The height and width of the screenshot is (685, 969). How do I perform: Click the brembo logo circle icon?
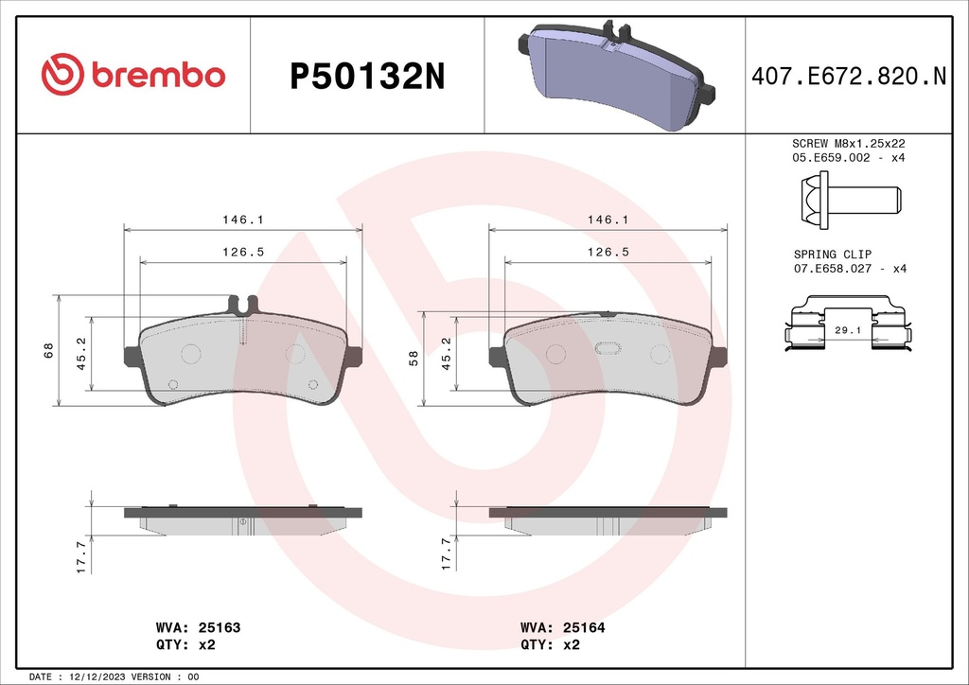pos(62,74)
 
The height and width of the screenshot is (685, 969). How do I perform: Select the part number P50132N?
pos(367,77)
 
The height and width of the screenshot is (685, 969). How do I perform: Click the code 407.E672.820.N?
pos(849,76)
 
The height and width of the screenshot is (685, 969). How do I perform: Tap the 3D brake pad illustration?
pos(615,75)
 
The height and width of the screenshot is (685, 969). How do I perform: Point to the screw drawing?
pos(851,201)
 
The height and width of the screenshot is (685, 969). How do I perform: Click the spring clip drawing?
pos(848,325)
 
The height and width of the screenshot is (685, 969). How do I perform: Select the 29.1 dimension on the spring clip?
pos(848,330)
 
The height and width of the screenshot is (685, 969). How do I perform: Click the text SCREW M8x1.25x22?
pos(849,143)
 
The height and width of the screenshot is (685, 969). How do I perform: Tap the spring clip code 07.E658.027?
pos(833,269)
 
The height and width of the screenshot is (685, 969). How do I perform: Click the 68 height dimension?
pos(49,350)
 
